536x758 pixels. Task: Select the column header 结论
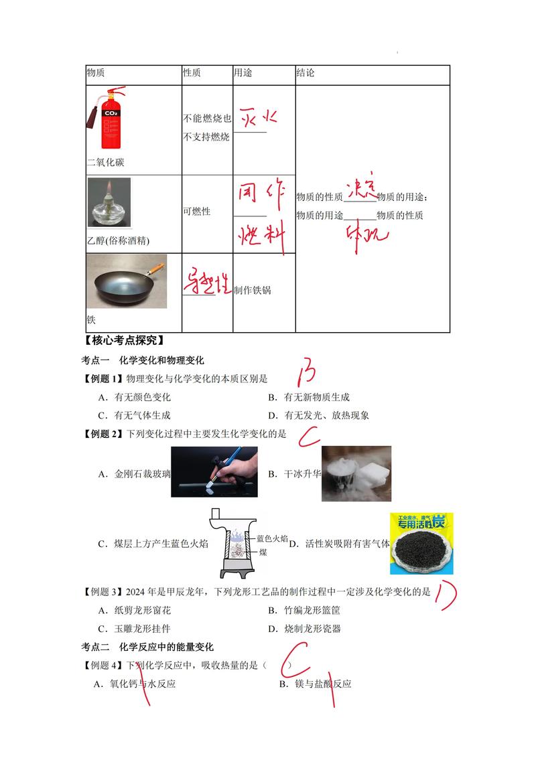[305, 73]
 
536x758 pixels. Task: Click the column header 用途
[243, 73]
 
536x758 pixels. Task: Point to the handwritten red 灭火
[258, 117]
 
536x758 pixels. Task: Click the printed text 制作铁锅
[253, 291]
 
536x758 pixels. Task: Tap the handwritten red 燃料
[261, 236]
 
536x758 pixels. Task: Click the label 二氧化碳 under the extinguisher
[105, 163]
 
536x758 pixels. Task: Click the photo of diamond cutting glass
[214, 471]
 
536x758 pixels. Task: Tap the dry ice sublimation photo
[356, 473]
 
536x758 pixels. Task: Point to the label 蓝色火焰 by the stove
[272, 538]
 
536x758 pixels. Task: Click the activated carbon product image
[421, 543]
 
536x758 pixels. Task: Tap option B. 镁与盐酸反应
[315, 684]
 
